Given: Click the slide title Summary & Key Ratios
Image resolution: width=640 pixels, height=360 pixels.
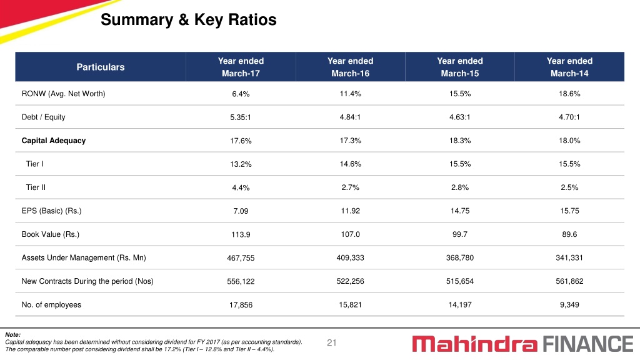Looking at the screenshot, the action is pyautogui.click(x=189, y=19).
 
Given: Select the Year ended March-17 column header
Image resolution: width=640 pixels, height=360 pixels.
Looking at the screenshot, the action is pyautogui.click(x=241, y=67).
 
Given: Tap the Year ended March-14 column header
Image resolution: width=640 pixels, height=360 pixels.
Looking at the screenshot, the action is pyautogui.click(x=569, y=67).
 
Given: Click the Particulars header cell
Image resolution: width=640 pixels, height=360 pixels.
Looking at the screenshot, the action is pyautogui.click(x=101, y=67).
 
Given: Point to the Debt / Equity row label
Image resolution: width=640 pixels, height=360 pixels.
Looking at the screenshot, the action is pyautogui.click(x=43, y=117).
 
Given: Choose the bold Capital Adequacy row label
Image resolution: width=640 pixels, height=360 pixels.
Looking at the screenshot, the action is pyautogui.click(x=54, y=141).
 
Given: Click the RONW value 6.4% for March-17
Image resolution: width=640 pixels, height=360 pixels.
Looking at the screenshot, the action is pyautogui.click(x=241, y=94).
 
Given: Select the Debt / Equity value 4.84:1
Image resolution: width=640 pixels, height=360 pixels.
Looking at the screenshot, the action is pyautogui.click(x=350, y=117).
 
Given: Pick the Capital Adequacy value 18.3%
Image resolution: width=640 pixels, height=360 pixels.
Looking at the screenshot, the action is pyautogui.click(x=460, y=141).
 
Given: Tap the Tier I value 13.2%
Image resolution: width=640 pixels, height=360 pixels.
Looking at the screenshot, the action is pyautogui.click(x=241, y=164).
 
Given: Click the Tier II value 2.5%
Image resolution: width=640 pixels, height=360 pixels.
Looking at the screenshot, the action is pyautogui.click(x=569, y=187).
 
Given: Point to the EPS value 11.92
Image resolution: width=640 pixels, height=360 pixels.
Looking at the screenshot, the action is pyautogui.click(x=350, y=211).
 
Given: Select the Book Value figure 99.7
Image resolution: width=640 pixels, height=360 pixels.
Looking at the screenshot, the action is pyautogui.click(x=460, y=234).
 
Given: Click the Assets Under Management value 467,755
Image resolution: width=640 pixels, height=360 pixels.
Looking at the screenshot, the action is pyautogui.click(x=241, y=258).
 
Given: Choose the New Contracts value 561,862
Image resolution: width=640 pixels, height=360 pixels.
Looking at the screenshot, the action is pyautogui.click(x=569, y=281).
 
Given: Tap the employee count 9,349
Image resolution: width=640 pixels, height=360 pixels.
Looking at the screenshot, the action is pyautogui.click(x=569, y=305).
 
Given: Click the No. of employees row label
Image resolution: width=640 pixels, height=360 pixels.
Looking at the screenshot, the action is pyautogui.click(x=51, y=305).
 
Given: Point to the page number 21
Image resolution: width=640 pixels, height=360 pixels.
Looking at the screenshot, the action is pyautogui.click(x=331, y=343).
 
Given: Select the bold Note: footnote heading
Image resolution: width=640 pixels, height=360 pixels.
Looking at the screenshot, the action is pyautogui.click(x=12, y=335).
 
